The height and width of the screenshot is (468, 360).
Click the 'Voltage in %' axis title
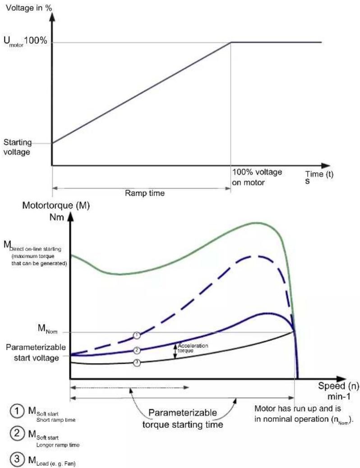29,8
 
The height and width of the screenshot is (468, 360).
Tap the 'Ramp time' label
145,193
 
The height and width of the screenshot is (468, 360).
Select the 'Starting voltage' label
17,147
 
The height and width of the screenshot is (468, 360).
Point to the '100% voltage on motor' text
257,177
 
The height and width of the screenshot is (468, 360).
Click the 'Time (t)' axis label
319,174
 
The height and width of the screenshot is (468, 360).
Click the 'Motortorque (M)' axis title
56,205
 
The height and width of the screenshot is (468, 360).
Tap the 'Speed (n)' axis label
338,386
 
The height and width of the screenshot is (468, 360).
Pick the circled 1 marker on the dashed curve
137,335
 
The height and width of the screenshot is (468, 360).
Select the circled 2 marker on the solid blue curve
137,350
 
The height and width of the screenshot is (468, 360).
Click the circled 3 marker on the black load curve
137,363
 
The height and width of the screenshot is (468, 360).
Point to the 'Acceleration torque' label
193,348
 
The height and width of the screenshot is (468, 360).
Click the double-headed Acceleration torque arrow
175,350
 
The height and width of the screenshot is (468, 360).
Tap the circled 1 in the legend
17,411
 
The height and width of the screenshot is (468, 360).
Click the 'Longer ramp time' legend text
58,445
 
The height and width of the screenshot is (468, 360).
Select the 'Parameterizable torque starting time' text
183,419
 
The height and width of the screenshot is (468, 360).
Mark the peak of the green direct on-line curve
255,222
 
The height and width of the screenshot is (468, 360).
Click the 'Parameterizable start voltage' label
36,352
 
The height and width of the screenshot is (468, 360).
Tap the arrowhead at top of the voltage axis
52,15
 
